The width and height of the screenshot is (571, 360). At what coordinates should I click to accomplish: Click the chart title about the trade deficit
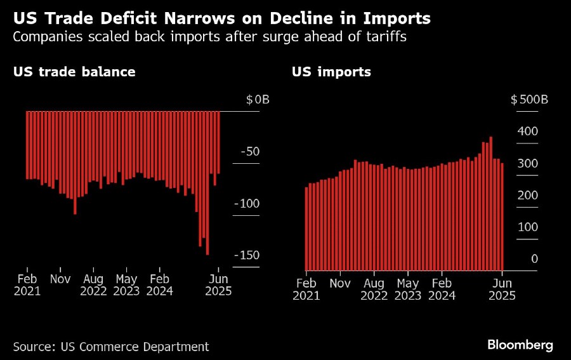(x=221, y=18)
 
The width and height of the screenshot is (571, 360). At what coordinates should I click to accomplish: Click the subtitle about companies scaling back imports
(x=209, y=37)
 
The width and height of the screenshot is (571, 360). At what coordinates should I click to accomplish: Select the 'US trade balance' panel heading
(x=74, y=72)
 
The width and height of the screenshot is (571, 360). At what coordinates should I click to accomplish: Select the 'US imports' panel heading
(x=331, y=72)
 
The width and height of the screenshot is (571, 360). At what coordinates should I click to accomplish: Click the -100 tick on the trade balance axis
(x=246, y=204)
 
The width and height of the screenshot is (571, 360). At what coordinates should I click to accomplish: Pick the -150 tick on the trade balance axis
(x=246, y=255)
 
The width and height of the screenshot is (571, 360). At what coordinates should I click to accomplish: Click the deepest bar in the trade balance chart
(x=207, y=184)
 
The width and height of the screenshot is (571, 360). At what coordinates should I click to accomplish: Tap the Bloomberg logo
(x=520, y=345)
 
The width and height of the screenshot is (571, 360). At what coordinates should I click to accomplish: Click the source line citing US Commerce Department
(x=111, y=347)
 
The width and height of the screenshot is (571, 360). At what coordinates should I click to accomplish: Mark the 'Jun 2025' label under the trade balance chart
(x=219, y=285)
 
